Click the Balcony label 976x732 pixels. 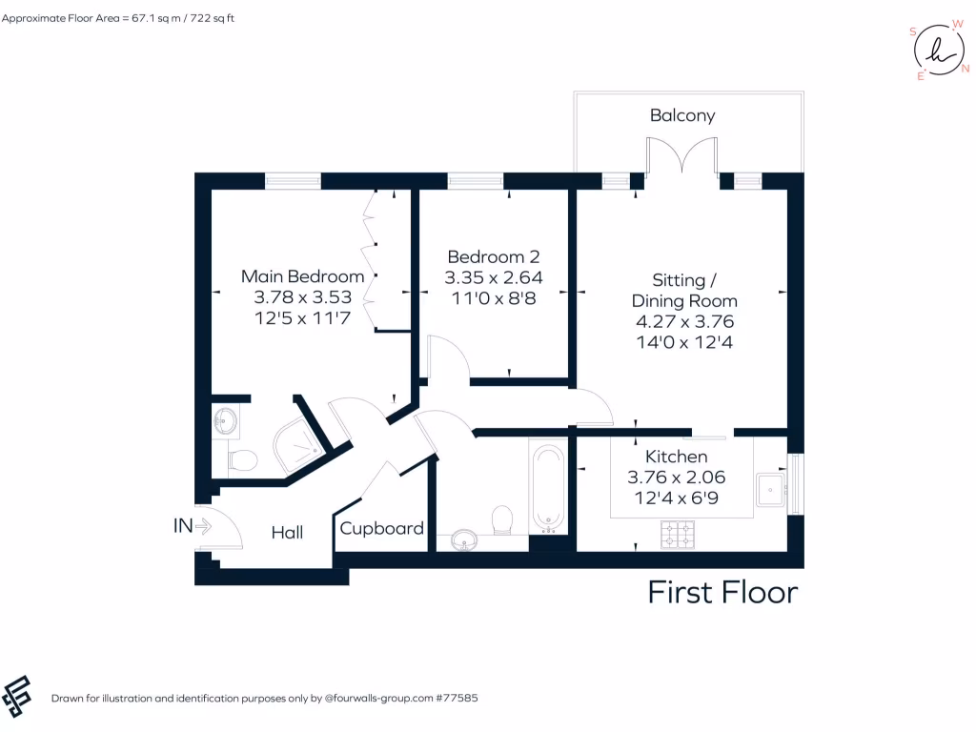point(682,115)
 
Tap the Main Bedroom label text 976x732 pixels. point(302,276)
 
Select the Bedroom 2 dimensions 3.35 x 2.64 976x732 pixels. point(493,277)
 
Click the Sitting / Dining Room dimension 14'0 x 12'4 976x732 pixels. point(683,341)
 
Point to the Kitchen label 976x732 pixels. point(676,457)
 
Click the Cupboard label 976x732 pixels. point(381,528)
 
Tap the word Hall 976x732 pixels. point(287,532)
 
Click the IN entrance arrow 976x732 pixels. point(202,525)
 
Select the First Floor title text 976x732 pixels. point(722,592)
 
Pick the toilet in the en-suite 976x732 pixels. point(242,459)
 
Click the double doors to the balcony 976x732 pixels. point(681,157)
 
